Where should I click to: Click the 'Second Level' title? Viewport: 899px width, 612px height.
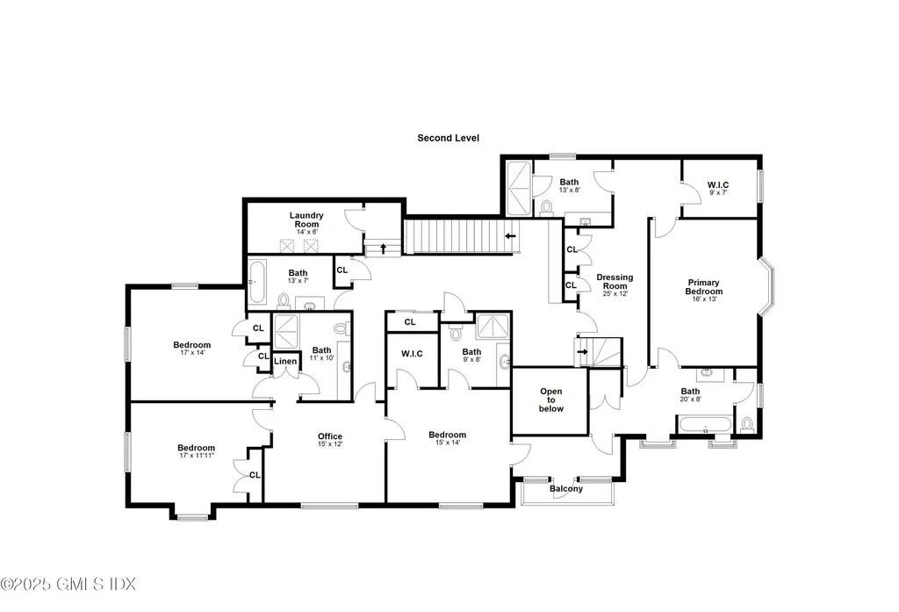pyautogui.click(x=448, y=138)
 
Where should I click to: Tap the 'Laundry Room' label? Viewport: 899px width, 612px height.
pyautogui.click(x=306, y=215)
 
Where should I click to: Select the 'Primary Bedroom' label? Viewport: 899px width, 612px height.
pyautogui.click(x=703, y=287)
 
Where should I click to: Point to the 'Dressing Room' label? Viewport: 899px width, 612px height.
pyautogui.click(x=615, y=282)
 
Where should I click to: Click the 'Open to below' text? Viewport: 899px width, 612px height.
pyautogui.click(x=550, y=400)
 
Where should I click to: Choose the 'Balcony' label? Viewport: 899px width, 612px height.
pyautogui.click(x=566, y=489)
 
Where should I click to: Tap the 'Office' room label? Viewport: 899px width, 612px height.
pyautogui.click(x=330, y=436)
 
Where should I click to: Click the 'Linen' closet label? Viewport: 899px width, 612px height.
pyautogui.click(x=285, y=361)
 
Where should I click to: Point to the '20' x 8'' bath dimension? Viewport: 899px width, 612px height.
pyautogui.click(x=690, y=400)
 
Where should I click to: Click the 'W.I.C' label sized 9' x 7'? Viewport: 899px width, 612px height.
pyautogui.click(x=717, y=184)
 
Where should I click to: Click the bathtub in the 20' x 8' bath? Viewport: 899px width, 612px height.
pyautogui.click(x=705, y=428)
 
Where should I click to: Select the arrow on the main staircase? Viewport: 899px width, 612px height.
pyautogui.click(x=510, y=236)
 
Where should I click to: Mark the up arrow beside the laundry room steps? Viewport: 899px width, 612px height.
pyautogui.click(x=383, y=248)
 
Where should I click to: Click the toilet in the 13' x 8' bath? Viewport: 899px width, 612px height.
pyautogui.click(x=546, y=207)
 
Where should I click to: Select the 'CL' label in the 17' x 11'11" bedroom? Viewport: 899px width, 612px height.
pyautogui.click(x=254, y=475)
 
